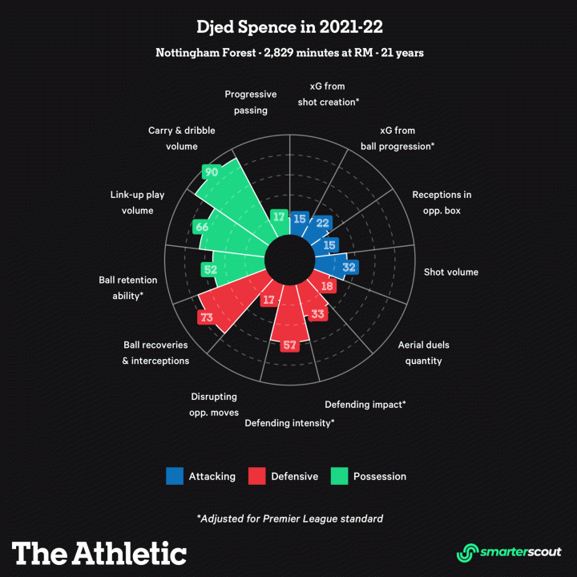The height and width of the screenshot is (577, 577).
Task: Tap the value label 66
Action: click(x=202, y=228)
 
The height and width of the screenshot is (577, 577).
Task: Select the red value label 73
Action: click(x=207, y=317)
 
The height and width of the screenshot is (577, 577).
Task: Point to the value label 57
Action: click(x=289, y=345)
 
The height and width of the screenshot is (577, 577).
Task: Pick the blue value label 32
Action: click(x=349, y=268)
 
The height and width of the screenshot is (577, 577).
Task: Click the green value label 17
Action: click(x=279, y=216)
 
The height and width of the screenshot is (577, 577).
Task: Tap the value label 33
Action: click(x=317, y=314)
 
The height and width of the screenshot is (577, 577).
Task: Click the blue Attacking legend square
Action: click(x=175, y=476)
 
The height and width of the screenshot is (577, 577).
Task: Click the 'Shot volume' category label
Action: click(x=451, y=272)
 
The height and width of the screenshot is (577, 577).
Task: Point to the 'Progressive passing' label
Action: click(x=251, y=102)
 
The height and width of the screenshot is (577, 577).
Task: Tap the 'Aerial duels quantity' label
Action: click(x=424, y=353)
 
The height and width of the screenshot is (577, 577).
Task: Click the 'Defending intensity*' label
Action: click(x=289, y=422)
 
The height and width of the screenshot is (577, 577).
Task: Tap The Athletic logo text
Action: click(x=99, y=552)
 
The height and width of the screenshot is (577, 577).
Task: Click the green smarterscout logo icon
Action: click(x=467, y=552)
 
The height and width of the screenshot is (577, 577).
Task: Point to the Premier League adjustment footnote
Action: click(x=289, y=518)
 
